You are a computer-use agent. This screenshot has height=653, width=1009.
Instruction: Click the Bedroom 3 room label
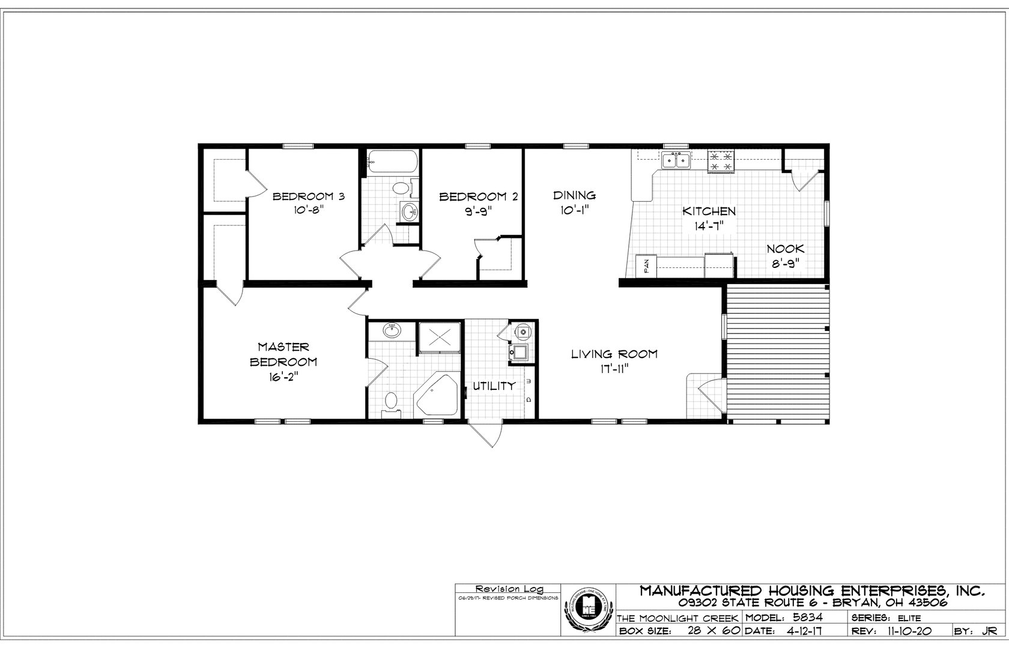pyautogui.click(x=308, y=196)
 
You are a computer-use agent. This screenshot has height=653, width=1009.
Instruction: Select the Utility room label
pyautogui.click(x=493, y=386)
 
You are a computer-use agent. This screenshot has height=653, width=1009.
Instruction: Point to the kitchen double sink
pyautogui.click(x=676, y=160)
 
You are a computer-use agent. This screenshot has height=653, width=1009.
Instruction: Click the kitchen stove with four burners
pyautogui.click(x=721, y=160)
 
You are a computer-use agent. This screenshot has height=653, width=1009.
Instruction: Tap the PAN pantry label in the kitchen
pyautogui.click(x=646, y=266)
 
